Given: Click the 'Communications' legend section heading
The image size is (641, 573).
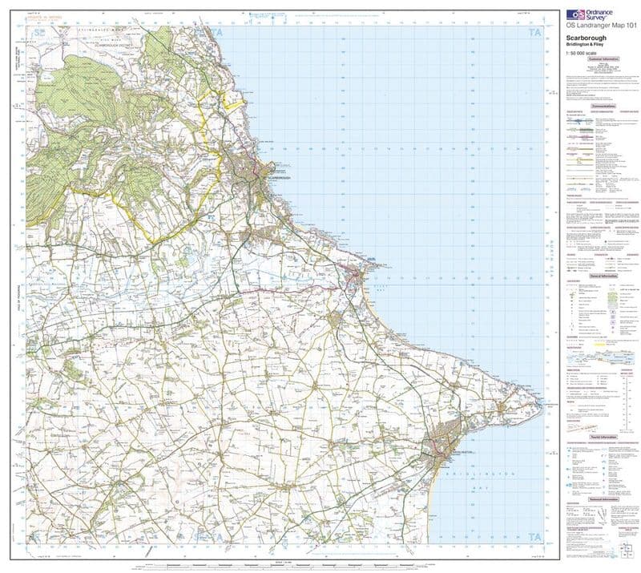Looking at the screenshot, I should coord(601,107).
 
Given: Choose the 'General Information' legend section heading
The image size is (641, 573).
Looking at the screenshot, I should coord(601,275).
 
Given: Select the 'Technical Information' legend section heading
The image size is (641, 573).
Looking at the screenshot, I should coord(601,498).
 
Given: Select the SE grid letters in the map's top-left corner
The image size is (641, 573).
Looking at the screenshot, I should coord(38,32).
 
